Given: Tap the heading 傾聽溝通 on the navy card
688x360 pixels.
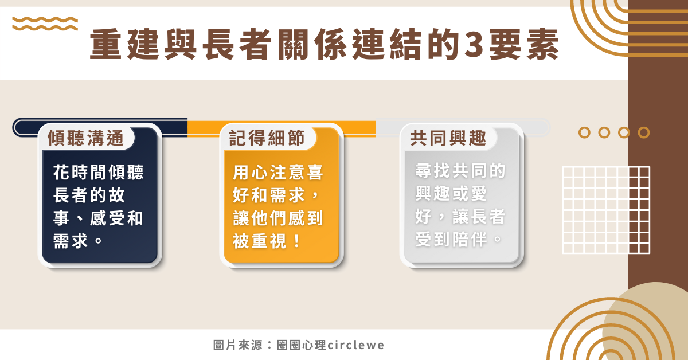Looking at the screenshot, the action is [x=85, y=138].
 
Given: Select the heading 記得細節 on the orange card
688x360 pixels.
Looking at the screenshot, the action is [x=267, y=138].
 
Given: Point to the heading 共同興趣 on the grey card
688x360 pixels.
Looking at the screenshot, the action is [x=448, y=138].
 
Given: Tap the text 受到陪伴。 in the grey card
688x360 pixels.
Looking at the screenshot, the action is [x=459, y=239].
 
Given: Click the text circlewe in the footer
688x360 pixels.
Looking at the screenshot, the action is [x=355, y=345].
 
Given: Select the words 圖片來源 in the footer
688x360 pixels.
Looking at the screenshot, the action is [x=238, y=345].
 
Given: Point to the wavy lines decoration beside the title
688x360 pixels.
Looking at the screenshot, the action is [x=45, y=24].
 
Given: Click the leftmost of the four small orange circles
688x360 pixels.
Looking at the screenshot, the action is [x=584, y=132].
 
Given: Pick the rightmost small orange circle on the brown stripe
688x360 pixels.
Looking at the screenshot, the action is [x=644, y=132].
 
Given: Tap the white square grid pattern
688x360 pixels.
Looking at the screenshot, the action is [x=607, y=210].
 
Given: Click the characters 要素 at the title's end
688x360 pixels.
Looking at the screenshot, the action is [x=524, y=45].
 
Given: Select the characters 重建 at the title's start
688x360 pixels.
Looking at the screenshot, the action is [x=124, y=45].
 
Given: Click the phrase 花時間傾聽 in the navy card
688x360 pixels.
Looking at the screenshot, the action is [x=98, y=172].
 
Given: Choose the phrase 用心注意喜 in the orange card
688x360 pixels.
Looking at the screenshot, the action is [x=278, y=172].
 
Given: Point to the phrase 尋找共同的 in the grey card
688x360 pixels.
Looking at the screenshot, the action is [x=460, y=170].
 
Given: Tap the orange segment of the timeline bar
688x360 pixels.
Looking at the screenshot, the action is [x=282, y=128].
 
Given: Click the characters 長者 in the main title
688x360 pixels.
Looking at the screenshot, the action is [x=237, y=45].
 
